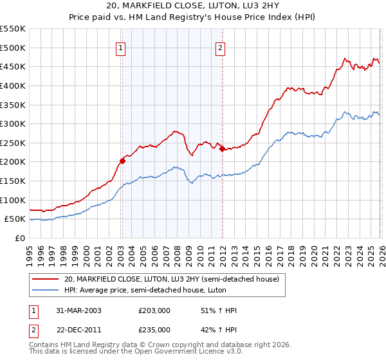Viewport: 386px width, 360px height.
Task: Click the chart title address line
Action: coord(193,6)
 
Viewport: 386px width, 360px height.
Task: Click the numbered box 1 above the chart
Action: coord(121,47)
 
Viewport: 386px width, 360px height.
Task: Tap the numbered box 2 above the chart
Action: coord(220,47)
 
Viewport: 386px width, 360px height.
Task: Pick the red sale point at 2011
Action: coord(222,148)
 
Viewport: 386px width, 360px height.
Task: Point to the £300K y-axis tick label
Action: coord(13,123)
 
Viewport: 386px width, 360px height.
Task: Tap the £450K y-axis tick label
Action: coord(13,66)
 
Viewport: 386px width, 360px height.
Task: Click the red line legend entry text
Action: coord(171,279)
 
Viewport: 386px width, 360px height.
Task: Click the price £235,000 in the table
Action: coord(154,330)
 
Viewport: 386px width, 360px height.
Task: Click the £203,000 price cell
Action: coord(154,310)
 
